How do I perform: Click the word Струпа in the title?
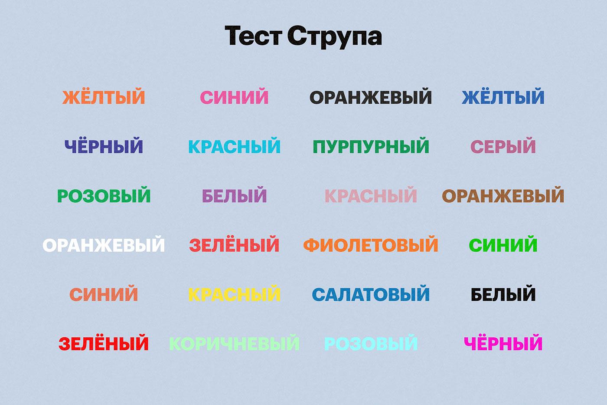(334, 37)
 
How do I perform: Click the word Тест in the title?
(254, 36)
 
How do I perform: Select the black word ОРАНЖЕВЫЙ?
(370, 97)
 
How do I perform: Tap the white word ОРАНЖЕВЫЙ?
(104, 245)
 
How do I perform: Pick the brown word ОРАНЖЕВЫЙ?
(503, 196)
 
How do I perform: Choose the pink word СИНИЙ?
(234, 96)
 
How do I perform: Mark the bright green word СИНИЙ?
(503, 244)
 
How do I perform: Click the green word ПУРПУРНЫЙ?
(371, 146)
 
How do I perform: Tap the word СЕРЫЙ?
(503, 146)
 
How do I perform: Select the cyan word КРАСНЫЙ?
(235, 146)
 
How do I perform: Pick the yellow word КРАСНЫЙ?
(235, 293)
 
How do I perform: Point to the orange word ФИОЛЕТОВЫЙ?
(370, 245)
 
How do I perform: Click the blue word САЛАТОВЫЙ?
(371, 294)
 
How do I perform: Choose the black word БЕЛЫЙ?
(503, 293)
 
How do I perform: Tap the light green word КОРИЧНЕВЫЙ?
(235, 343)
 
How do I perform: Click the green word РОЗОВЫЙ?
(104, 195)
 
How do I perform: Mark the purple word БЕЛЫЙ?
(235, 195)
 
